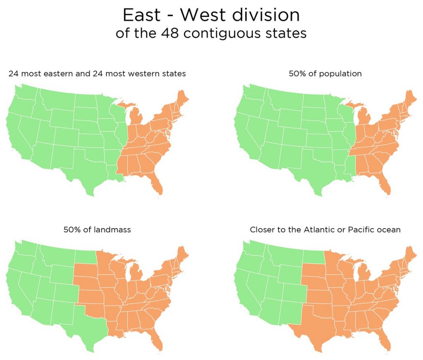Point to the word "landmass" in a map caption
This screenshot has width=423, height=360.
pyautogui.click(x=111, y=230)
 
